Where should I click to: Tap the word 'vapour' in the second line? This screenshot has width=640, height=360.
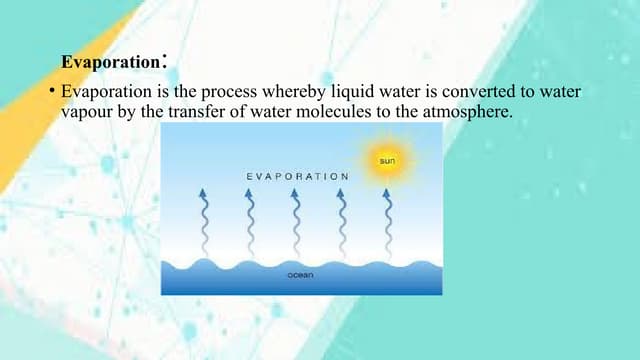click(89, 112)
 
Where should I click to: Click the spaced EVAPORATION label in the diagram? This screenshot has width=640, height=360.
click(297, 176)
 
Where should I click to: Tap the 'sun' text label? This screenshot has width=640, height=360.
click(386, 160)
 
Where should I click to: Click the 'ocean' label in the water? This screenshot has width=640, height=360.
click(299, 273)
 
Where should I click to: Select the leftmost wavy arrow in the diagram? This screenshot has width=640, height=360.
click(203, 220)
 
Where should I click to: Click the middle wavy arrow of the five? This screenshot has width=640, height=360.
click(296, 220)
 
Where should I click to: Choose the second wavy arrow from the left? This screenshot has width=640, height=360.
click(250, 220)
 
